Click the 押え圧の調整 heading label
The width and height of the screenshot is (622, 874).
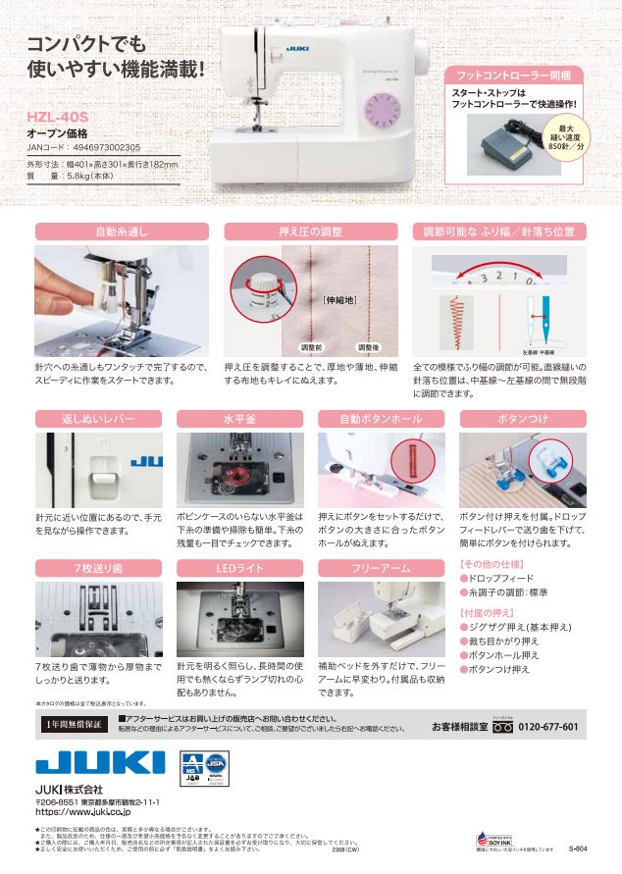tap(310, 232)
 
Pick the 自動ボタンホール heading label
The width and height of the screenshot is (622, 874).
tap(383, 419)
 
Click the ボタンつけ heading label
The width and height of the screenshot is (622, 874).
tap(522, 419)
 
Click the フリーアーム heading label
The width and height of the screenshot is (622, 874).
tap(383, 568)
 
